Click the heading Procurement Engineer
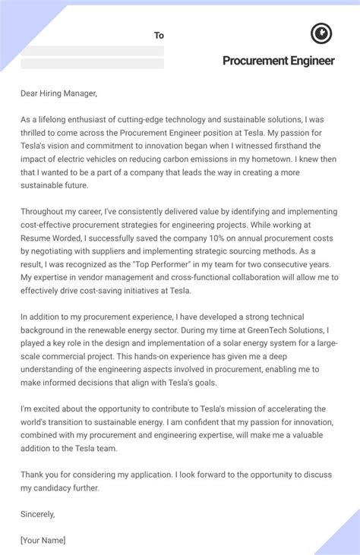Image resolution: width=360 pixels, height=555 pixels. pyautogui.click(x=279, y=61)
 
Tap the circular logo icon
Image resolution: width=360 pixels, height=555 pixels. pyautogui.click(x=321, y=33)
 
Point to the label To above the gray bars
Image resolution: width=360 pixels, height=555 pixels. pyautogui.click(x=159, y=36)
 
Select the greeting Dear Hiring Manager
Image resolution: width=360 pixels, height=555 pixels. pyautogui.click(x=59, y=93)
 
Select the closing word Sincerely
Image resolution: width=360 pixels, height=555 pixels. pyautogui.click(x=38, y=514)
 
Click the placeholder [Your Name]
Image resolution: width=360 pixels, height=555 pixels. pyautogui.click(x=43, y=540)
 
